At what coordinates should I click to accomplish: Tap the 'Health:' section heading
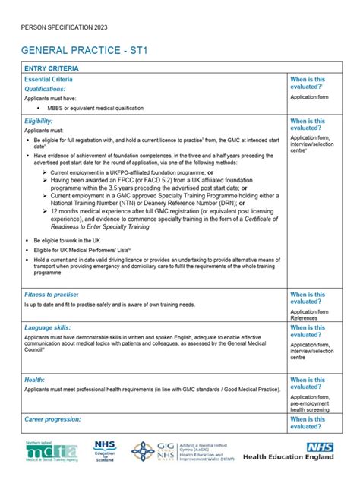pyautogui.click(x=35, y=380)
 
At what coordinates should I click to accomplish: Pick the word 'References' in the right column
pyautogui.click(x=305, y=319)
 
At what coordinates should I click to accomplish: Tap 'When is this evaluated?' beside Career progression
pyautogui.click(x=308, y=423)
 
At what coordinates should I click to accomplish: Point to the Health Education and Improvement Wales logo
pyautogui.click(x=182, y=453)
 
